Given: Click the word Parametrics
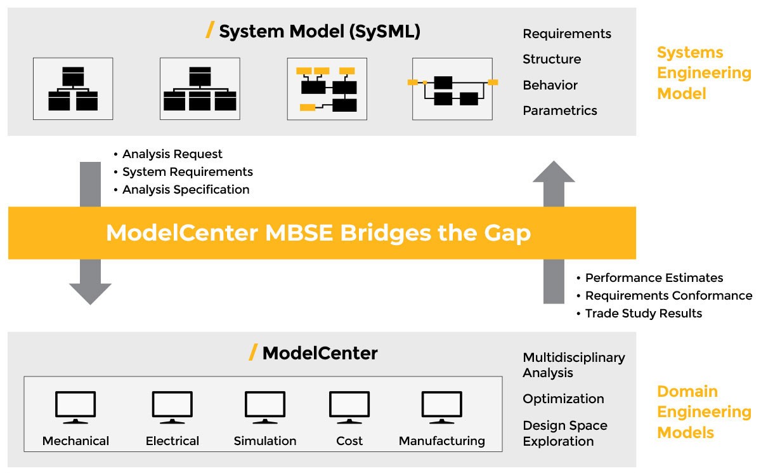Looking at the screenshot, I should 559,110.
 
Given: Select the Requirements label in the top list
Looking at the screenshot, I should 566,34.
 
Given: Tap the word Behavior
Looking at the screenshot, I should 550,85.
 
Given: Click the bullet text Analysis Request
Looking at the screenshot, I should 172,154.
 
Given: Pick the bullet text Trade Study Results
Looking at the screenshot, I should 643,313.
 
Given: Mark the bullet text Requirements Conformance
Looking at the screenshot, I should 668,295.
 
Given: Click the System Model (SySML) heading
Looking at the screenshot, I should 319,31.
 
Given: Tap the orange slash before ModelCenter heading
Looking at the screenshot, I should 253,352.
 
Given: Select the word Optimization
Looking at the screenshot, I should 563,399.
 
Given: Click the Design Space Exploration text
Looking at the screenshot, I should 564,433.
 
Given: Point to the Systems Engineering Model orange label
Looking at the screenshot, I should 703,73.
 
